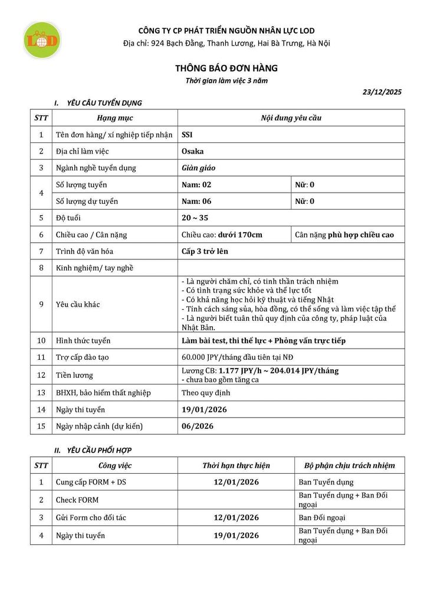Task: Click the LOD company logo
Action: pyautogui.click(x=41, y=40)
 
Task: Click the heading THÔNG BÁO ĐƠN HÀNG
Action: pyautogui.click(x=226, y=69)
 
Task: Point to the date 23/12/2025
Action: pyautogui.click(x=382, y=92)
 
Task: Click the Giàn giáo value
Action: pyautogui.click(x=199, y=168)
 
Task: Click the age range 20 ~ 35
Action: pyautogui.click(x=195, y=217)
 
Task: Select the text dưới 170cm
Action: pyautogui.click(x=240, y=235)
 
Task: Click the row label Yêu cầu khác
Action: pyautogui.click(x=78, y=304)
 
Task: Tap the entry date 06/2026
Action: pyautogui.click(x=198, y=426)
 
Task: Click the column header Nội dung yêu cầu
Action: pyautogui.click(x=291, y=118)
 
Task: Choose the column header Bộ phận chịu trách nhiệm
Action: pyautogui.click(x=349, y=466)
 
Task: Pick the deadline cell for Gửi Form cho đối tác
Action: pyautogui.click(x=236, y=518)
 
